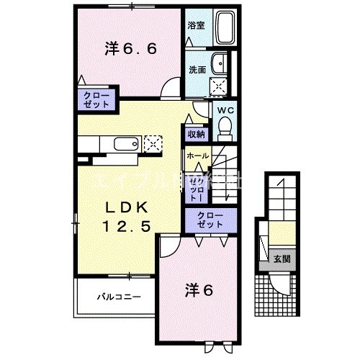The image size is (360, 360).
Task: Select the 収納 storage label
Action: (x=197, y=134)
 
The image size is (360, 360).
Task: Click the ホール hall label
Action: (x=198, y=156)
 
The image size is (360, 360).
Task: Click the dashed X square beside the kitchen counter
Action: (x=153, y=143)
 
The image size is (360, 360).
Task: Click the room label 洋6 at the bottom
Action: (x=201, y=292)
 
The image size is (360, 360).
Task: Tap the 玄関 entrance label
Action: (x=279, y=258)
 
